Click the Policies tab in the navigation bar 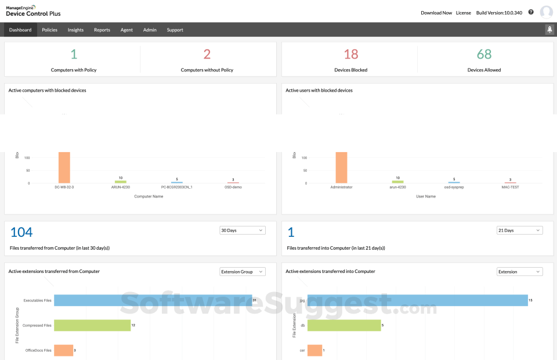tap(49, 30)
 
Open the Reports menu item tap(102, 30)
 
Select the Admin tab tap(150, 30)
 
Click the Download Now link tap(436, 12)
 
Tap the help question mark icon tap(531, 12)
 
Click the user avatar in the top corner tap(546, 12)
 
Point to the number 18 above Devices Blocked tap(350, 55)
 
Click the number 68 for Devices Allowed tap(484, 55)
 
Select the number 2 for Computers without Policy tap(207, 55)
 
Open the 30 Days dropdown tap(242, 231)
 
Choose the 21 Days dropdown tap(519, 231)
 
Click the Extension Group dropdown tap(242, 272)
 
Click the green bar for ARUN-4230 tap(120, 182)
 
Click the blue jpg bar tap(417, 300)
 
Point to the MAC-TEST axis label tap(510, 188)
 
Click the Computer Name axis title tap(149, 196)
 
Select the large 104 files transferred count tap(21, 232)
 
